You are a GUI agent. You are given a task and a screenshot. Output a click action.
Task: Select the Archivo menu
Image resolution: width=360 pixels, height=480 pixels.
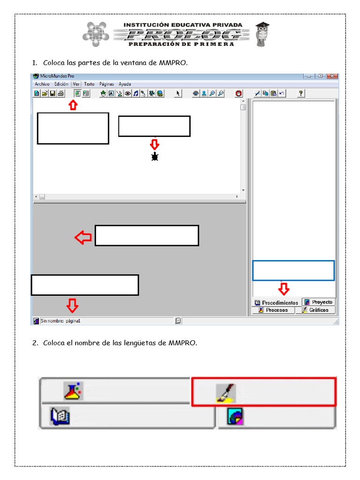[42, 84]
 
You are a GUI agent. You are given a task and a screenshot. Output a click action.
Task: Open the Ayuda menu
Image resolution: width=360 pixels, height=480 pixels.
[125, 84]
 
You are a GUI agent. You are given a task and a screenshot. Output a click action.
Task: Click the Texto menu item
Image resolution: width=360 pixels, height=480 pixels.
[89, 84]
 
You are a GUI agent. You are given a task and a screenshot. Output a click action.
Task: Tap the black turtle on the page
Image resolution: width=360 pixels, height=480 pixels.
[155, 157]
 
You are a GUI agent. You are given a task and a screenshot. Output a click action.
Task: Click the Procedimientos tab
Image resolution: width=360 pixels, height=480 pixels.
[276, 303]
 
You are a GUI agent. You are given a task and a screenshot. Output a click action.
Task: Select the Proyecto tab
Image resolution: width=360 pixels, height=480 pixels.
[318, 302]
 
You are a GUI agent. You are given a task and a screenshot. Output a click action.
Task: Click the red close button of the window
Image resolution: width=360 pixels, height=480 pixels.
[332, 76]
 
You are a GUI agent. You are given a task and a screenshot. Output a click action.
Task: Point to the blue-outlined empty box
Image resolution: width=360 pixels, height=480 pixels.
[293, 270]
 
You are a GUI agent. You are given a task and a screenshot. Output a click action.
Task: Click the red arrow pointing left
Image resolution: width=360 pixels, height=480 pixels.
[83, 238]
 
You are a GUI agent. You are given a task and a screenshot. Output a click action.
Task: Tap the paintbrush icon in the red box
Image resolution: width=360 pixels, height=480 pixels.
[225, 393]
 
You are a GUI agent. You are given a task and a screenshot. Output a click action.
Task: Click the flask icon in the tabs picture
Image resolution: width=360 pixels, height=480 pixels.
[73, 390]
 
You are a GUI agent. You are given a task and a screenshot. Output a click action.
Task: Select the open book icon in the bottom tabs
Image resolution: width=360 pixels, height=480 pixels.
[60, 416]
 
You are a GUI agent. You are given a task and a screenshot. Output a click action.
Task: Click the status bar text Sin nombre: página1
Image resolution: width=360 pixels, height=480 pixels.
[60, 321]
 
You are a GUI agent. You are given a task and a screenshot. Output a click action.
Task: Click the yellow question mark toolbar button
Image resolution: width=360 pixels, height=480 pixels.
[301, 93]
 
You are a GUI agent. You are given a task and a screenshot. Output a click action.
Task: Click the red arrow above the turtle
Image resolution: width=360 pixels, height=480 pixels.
[155, 144]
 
